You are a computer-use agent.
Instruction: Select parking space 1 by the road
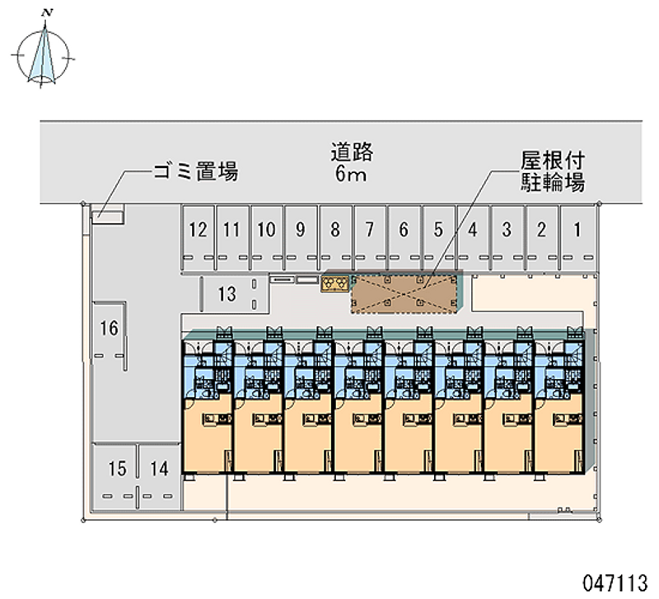tap(577, 238)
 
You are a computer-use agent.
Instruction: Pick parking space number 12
tap(199, 238)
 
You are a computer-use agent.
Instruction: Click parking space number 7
tap(370, 238)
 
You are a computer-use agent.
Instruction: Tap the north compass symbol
tap(43, 56)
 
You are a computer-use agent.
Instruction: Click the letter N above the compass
tap(47, 12)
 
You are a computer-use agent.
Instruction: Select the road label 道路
tap(352, 152)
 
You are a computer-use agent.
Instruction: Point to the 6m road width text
tap(351, 174)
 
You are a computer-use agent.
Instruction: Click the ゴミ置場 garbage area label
tap(196, 171)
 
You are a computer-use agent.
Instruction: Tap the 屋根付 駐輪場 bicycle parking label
tap(553, 171)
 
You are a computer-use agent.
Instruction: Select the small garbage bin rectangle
tap(108, 218)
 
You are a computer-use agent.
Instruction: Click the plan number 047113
tap(615, 584)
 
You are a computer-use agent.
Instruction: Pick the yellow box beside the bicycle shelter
tap(335, 283)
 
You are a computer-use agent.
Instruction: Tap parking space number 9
tap(301, 238)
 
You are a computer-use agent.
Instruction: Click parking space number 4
tap(473, 238)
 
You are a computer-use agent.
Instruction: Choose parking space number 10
tap(266, 238)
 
